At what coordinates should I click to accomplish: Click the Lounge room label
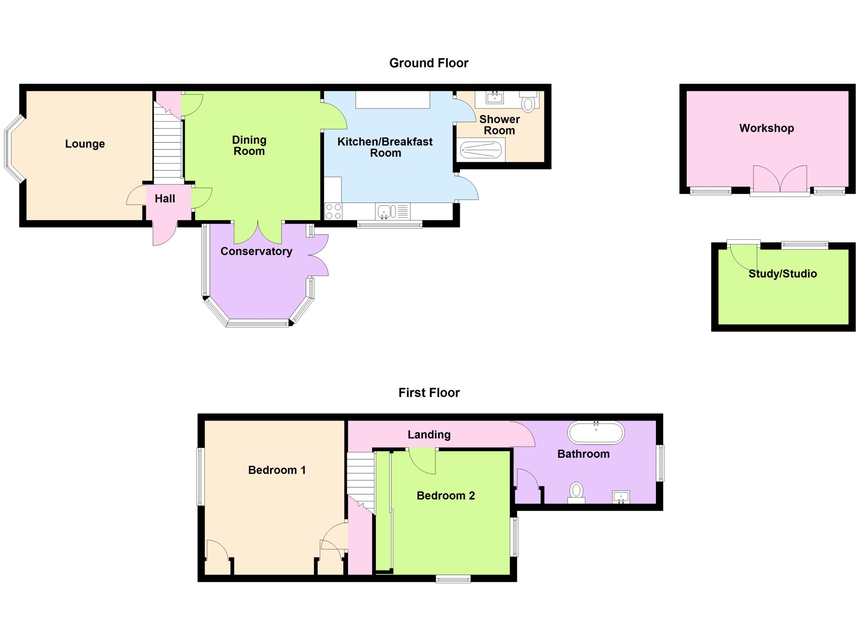tap(85, 144)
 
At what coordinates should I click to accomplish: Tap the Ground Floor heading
tap(428, 63)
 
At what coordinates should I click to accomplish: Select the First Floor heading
tap(429, 392)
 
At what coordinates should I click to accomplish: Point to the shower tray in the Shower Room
tap(481, 150)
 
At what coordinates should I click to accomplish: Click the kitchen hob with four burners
tap(333, 211)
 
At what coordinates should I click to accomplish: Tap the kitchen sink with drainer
tap(393, 211)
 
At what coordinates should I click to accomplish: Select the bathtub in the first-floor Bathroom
tap(596, 432)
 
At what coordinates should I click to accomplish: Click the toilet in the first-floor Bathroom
tap(576, 493)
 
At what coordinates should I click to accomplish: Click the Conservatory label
tap(256, 251)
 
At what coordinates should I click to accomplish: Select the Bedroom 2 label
tap(446, 496)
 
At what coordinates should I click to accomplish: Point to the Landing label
tap(429, 434)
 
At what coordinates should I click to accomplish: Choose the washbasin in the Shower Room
tap(494, 98)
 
